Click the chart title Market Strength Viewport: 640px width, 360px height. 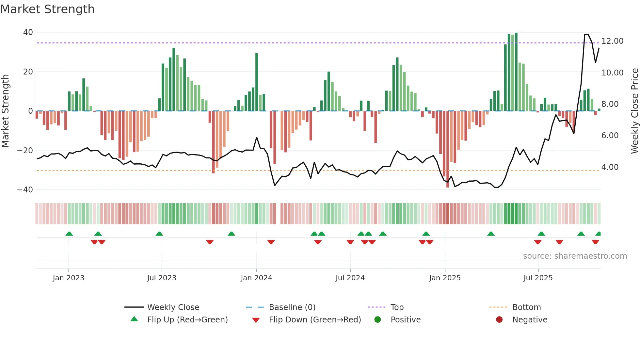tap(48, 9)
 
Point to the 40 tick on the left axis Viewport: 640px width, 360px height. tap(28, 32)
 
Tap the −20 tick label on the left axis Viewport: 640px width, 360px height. tap(25, 151)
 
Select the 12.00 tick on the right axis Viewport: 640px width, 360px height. tap(612, 41)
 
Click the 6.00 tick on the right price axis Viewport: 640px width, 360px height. tap(610, 136)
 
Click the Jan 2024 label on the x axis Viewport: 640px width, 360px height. tap(256, 278)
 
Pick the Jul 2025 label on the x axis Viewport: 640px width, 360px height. tap(538, 278)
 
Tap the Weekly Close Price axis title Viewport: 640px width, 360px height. tap(634, 111)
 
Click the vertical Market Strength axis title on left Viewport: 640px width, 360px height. tap(5, 111)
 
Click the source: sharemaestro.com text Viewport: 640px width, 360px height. tap(575, 256)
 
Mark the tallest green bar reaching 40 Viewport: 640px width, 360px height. tap(516, 72)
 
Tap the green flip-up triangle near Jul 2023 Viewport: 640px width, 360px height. tap(159, 234)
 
